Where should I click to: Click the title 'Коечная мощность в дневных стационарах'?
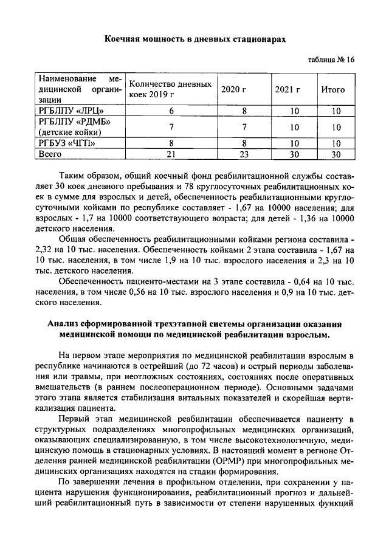(x=194, y=39)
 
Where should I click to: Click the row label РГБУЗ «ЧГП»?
(x=67, y=143)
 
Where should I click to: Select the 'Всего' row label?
(x=51, y=154)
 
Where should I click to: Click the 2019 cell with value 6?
(x=171, y=111)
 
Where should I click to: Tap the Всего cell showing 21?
(x=171, y=154)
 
